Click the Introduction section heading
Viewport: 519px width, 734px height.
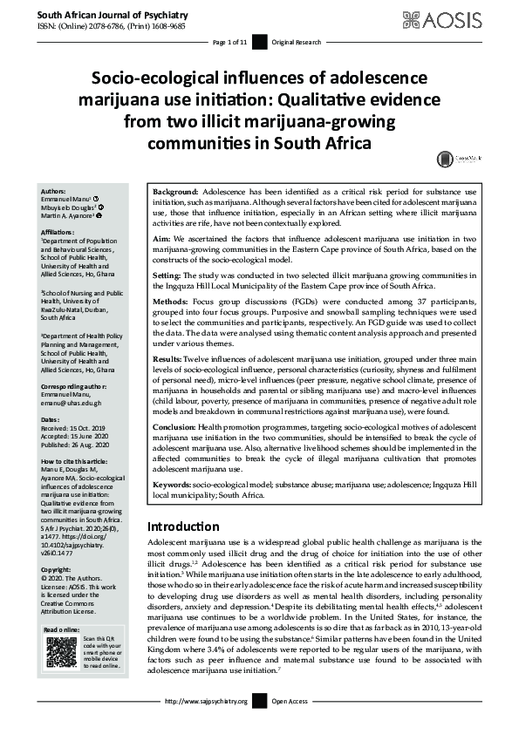(183, 527)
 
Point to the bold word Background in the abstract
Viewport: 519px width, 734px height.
(175, 190)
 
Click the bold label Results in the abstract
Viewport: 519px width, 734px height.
(170, 358)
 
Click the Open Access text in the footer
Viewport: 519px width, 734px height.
(291, 701)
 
